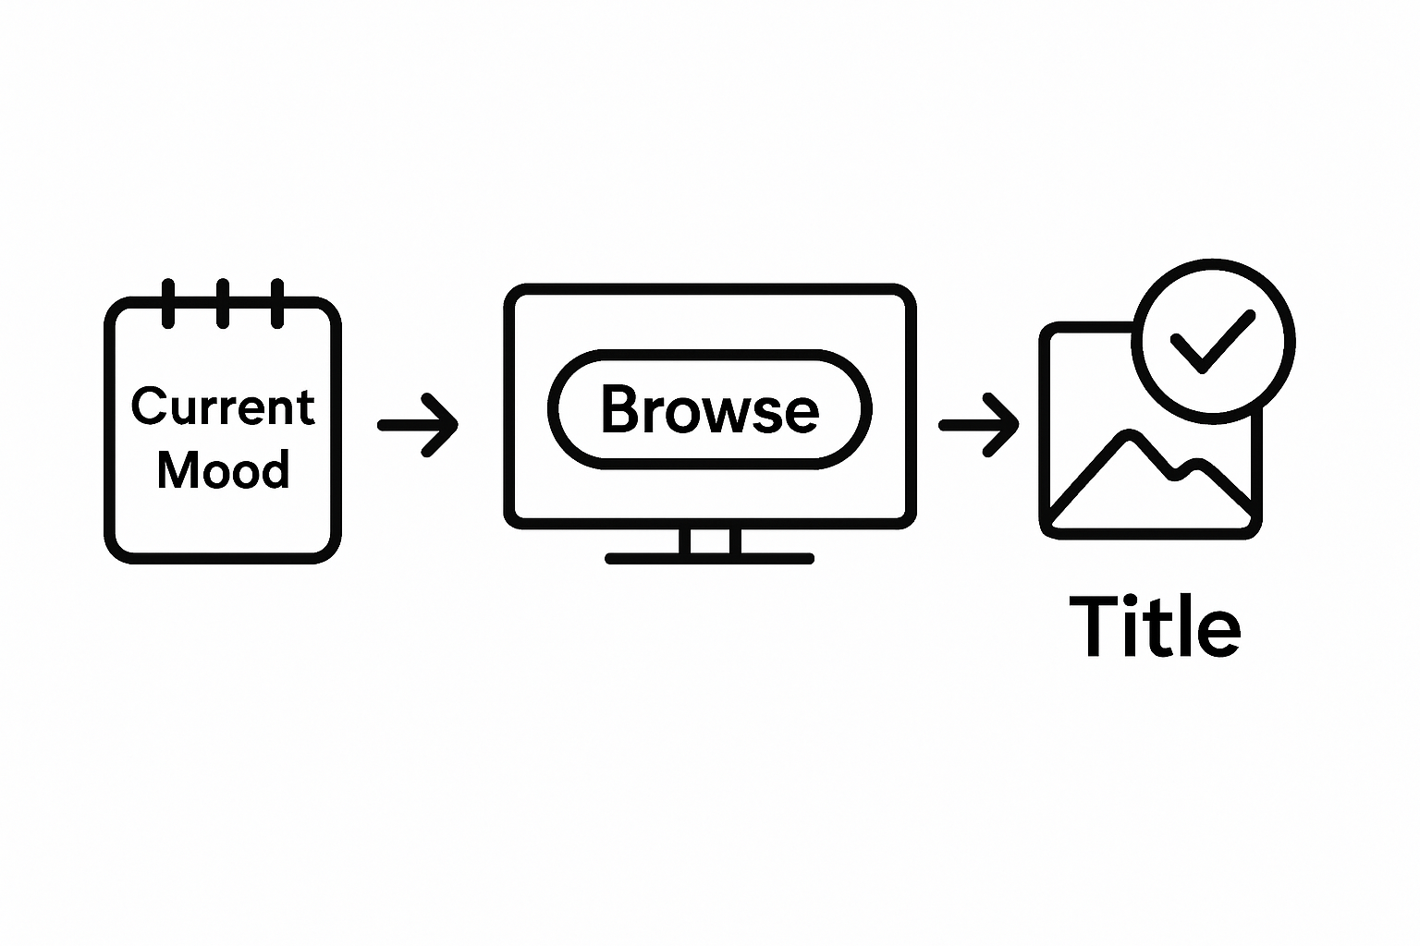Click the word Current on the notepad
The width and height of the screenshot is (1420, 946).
click(223, 406)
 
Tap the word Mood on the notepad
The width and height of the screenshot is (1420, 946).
click(223, 469)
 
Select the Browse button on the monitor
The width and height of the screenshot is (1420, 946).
click(709, 408)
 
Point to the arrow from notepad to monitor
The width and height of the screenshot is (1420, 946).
click(419, 425)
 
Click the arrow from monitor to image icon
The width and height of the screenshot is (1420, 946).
click(980, 425)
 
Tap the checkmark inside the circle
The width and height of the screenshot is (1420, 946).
click(1212, 339)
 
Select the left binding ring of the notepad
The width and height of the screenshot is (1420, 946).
click(168, 302)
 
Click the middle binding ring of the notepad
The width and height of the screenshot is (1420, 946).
click(223, 302)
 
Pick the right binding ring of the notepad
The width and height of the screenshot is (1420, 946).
click(277, 302)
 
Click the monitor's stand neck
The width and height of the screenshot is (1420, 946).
click(710, 542)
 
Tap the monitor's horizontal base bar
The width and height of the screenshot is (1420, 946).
click(710, 559)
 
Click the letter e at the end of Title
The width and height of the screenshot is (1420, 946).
click(1221, 632)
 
